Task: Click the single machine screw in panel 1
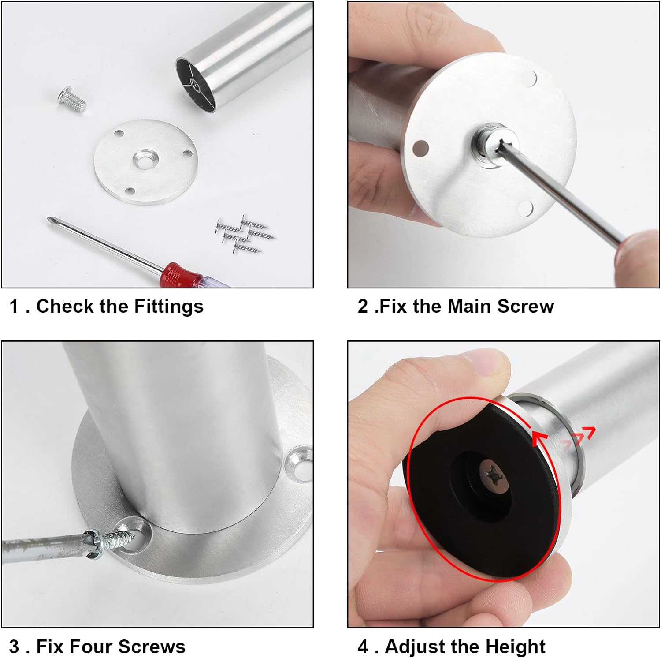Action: (x=71, y=100)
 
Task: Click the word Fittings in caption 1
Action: (x=169, y=306)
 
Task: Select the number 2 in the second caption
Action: (x=363, y=306)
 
